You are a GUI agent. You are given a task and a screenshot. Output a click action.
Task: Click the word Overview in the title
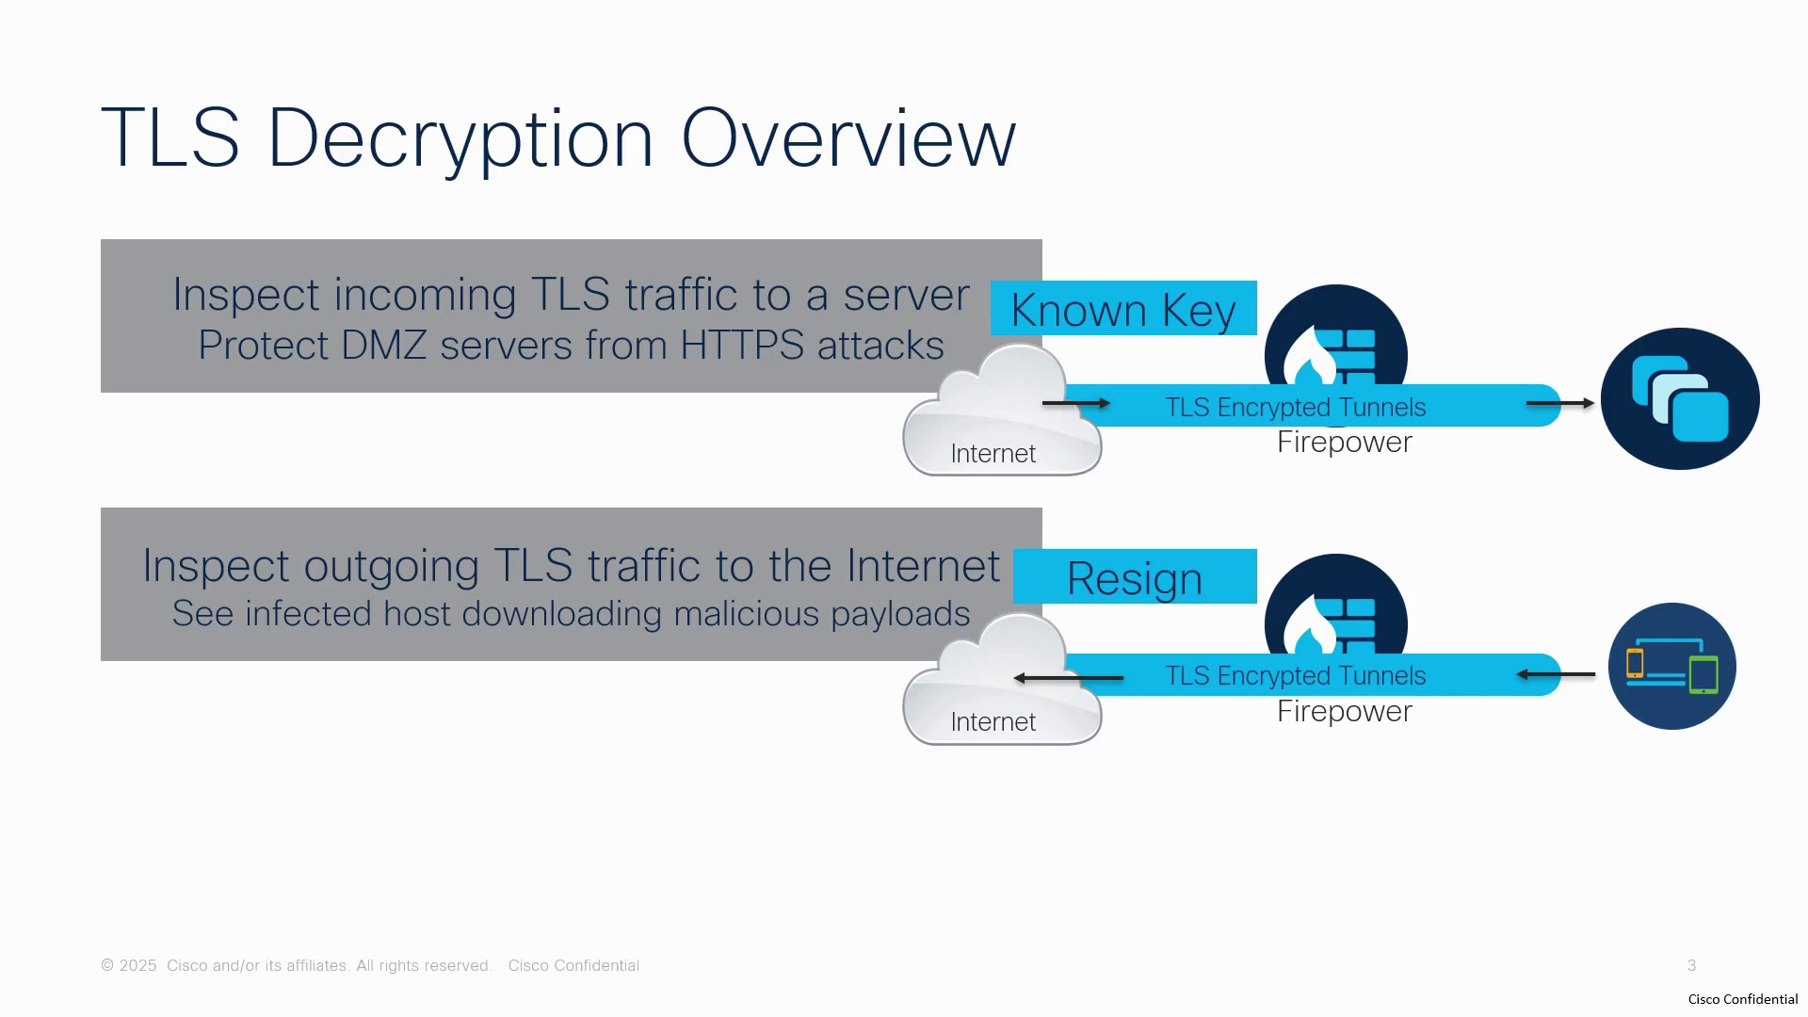(848, 138)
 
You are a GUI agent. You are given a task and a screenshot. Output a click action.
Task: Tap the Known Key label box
(1123, 308)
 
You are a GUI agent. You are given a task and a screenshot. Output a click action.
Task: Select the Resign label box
(1135, 576)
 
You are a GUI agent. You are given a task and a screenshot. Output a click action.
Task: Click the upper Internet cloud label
(993, 454)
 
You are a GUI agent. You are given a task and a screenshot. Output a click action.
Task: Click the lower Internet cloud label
(993, 722)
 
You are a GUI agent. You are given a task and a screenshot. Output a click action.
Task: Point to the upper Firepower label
(1345, 443)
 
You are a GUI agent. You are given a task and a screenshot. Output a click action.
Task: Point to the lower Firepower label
(1345, 712)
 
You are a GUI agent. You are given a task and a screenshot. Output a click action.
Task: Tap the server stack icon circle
(1680, 398)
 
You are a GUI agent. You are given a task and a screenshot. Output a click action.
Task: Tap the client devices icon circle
(1672, 667)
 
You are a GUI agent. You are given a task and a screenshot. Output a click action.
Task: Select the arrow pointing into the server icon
(1560, 403)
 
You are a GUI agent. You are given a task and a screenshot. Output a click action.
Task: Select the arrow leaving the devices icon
(1556, 674)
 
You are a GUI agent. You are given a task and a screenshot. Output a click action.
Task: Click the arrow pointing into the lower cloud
(1069, 678)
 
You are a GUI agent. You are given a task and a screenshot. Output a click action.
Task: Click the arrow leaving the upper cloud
(1076, 403)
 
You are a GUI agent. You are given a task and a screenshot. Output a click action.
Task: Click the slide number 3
(1692, 966)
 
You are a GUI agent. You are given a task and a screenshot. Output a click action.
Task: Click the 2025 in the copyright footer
(138, 966)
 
